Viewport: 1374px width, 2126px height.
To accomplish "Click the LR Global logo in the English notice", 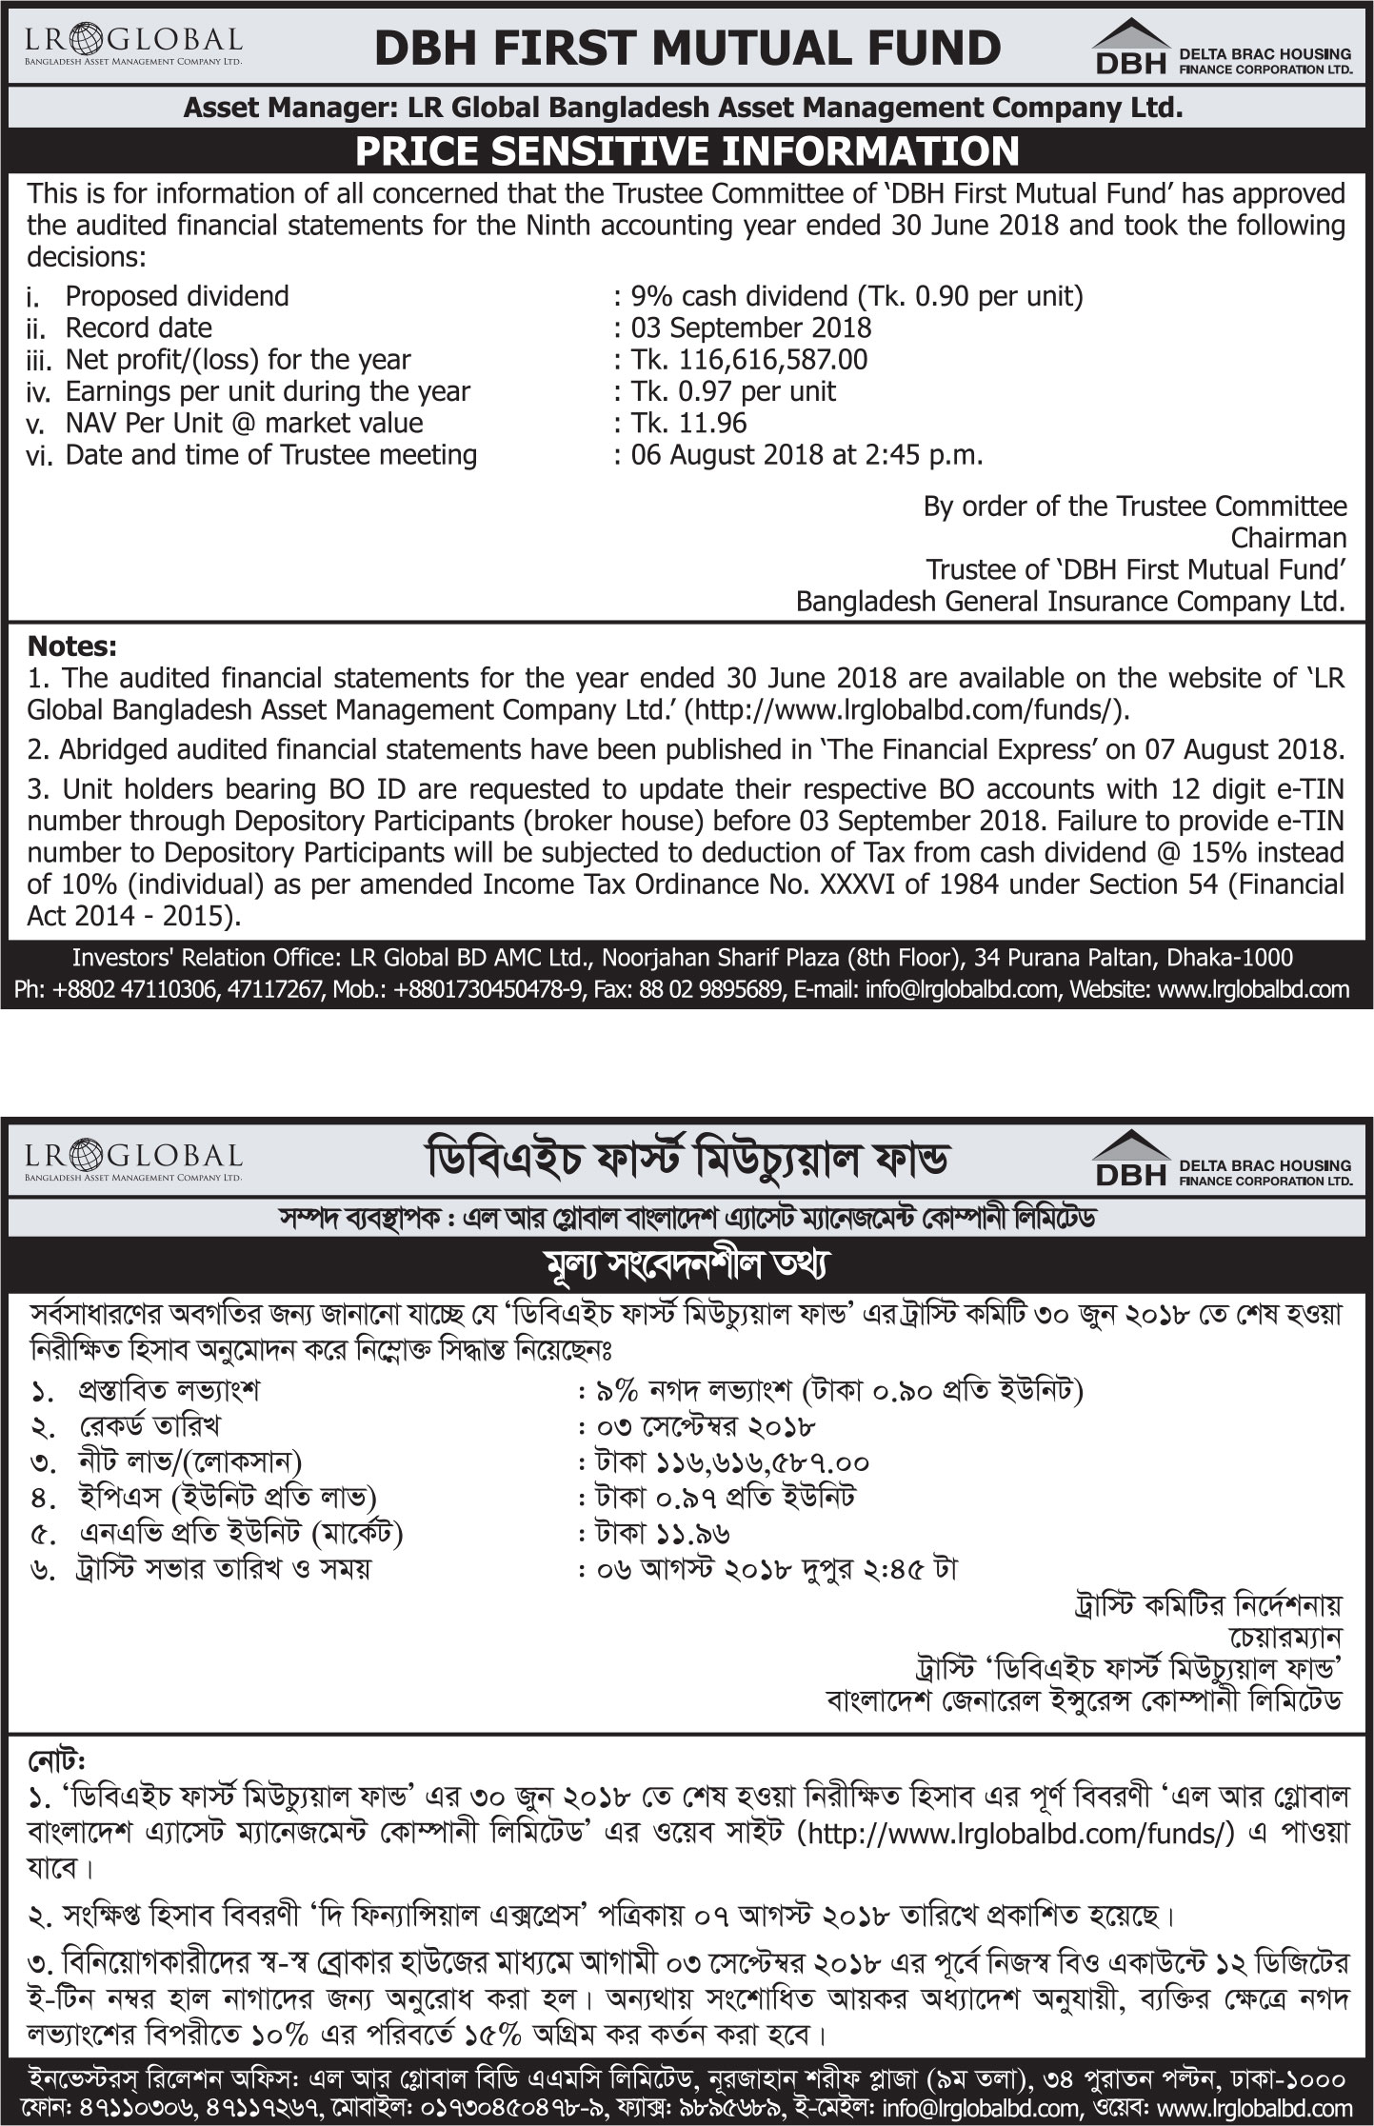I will (133, 45).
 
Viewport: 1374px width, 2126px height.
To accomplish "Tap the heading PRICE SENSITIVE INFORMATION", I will (687, 152).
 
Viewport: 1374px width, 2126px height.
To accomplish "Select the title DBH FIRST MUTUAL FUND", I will (687, 48).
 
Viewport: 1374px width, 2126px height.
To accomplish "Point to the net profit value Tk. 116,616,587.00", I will (749, 360).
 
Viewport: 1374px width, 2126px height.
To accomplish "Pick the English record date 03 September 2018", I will (751, 328).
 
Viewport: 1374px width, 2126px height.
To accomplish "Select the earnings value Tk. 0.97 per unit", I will (733, 391).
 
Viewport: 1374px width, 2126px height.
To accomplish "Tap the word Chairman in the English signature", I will (1288, 538).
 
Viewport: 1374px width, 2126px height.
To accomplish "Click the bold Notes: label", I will (72, 646).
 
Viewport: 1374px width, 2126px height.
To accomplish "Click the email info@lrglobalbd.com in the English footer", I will (961, 989).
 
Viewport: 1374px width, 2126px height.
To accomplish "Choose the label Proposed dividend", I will (177, 296).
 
